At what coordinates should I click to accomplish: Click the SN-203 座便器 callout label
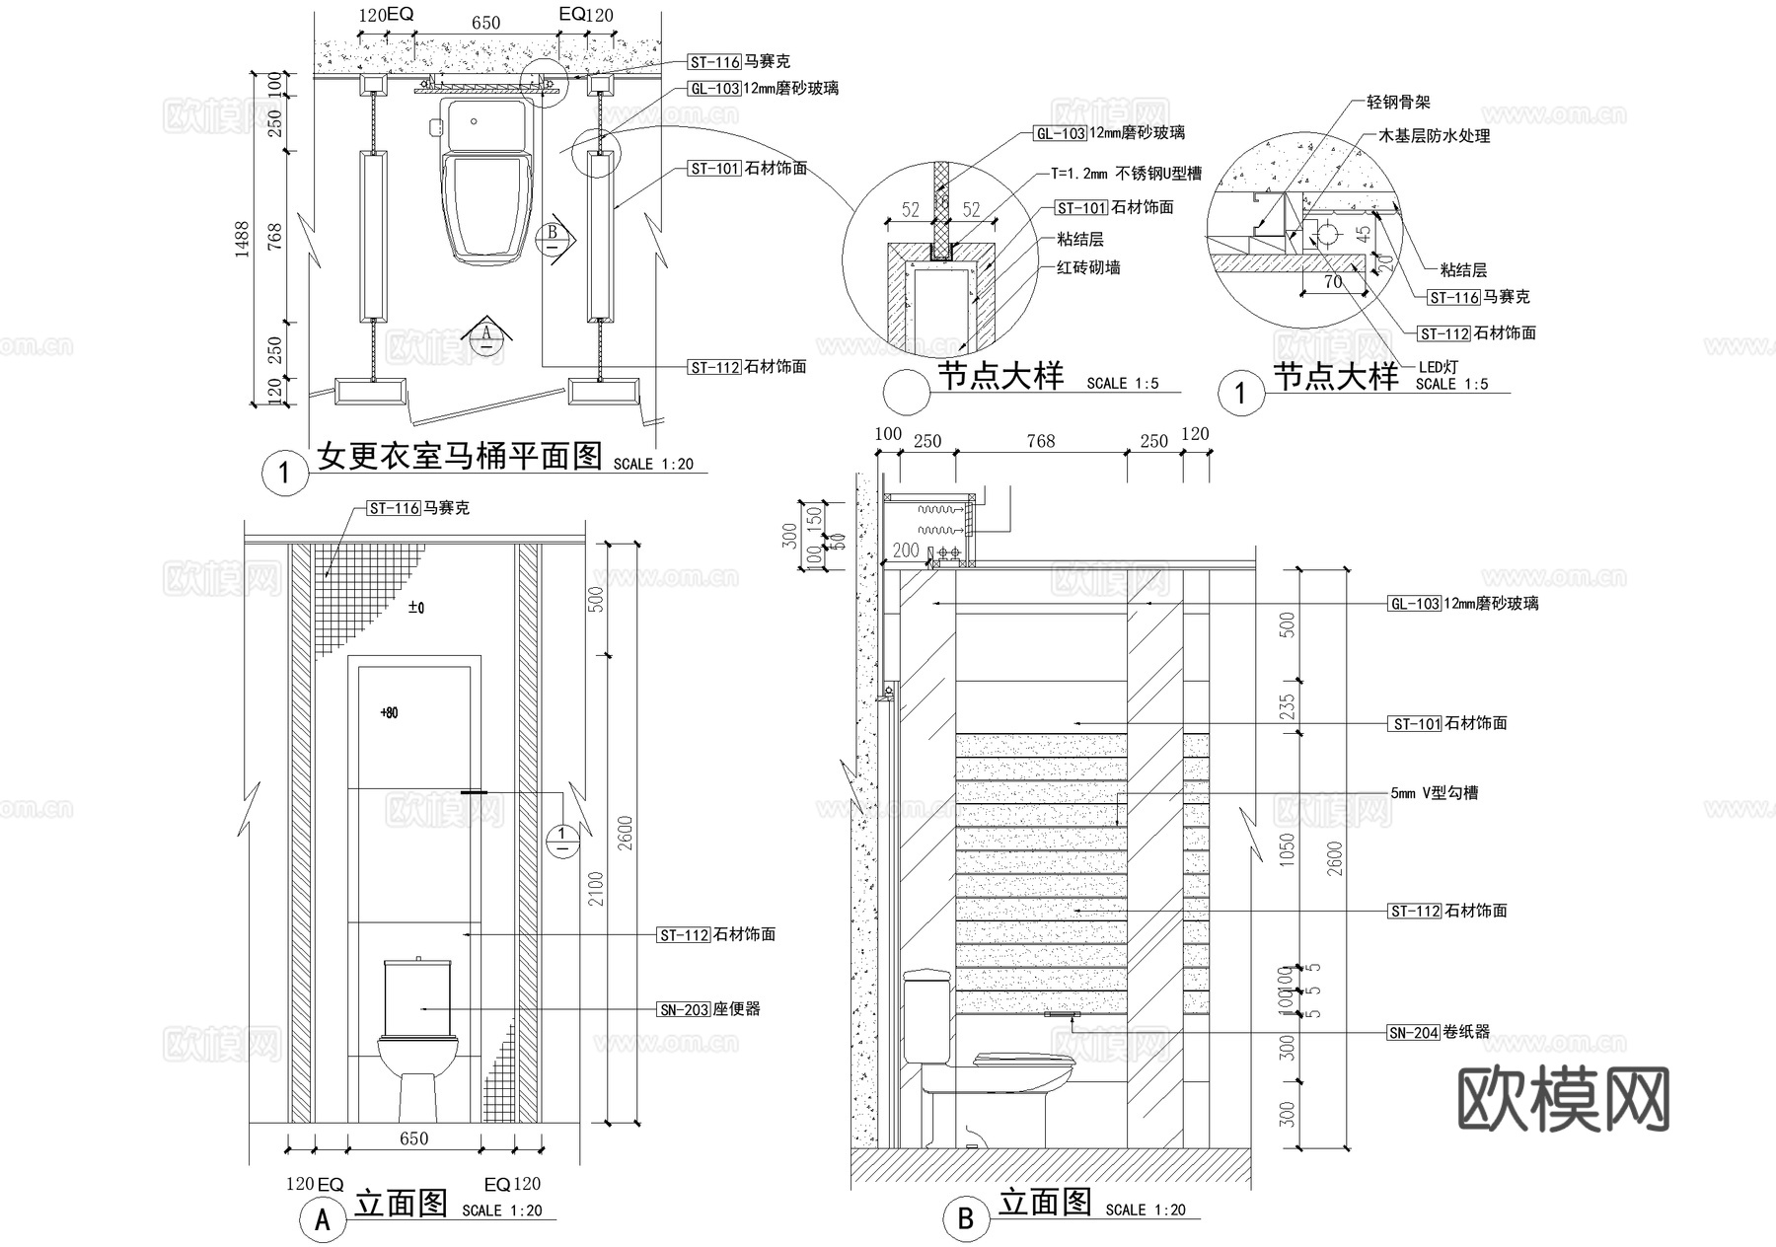coord(708,1009)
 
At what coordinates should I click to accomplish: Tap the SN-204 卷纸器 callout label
coord(1438,1033)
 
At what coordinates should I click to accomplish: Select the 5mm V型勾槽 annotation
coord(1434,793)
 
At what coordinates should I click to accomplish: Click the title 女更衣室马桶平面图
coord(460,456)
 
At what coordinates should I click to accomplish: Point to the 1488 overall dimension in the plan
coord(243,240)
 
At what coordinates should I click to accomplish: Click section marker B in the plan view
coord(553,238)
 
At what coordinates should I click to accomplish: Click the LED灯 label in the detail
coord(1438,366)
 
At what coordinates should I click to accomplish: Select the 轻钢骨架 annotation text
coord(1398,102)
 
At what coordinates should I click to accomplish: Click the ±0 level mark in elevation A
coord(416,608)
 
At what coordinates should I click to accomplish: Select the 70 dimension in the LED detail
coord(1332,282)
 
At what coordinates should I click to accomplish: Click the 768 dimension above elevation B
coord(1041,441)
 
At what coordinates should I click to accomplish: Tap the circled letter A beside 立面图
coord(323,1221)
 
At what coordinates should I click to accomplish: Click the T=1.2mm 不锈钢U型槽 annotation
coord(1126,174)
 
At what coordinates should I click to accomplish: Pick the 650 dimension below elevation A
coord(413,1138)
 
